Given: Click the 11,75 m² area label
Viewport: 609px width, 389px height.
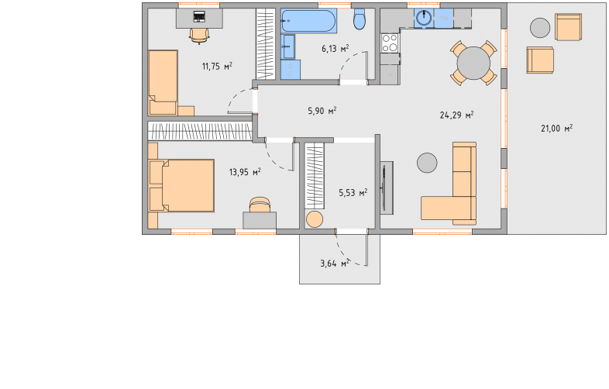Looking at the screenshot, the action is tap(217, 66).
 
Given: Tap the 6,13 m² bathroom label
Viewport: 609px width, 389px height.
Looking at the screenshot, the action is tap(335, 49).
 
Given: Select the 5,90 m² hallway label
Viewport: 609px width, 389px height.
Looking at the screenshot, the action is tap(322, 111).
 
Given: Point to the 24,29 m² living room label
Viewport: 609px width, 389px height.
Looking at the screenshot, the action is tap(456, 115).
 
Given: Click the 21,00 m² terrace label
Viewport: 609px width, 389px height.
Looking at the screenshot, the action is tap(556, 128).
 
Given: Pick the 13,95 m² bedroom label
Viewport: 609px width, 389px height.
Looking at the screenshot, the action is tap(245, 172).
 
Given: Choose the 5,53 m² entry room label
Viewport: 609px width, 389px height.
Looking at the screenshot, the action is tap(353, 192).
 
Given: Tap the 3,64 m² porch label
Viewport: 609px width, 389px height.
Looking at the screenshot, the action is tap(335, 263).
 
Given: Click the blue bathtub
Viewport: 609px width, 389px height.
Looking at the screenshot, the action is tap(309, 21).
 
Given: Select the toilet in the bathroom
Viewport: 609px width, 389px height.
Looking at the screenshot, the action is tap(360, 19).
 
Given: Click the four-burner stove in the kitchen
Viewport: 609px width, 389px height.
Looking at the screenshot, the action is tap(390, 43).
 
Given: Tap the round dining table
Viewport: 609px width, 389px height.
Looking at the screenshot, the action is tap(473, 63).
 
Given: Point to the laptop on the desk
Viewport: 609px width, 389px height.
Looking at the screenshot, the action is tap(199, 16).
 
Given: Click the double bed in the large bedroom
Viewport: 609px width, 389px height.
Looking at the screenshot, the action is tap(181, 185).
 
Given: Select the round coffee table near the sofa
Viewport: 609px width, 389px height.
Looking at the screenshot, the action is tap(427, 163).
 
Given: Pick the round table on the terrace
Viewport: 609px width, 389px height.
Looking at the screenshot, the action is tap(540, 28).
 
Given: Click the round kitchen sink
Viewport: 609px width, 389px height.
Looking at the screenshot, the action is tap(424, 18).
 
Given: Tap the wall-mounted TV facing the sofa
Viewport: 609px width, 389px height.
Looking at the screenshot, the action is tap(384, 188).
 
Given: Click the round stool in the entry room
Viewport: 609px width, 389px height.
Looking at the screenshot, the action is tap(315, 219).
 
